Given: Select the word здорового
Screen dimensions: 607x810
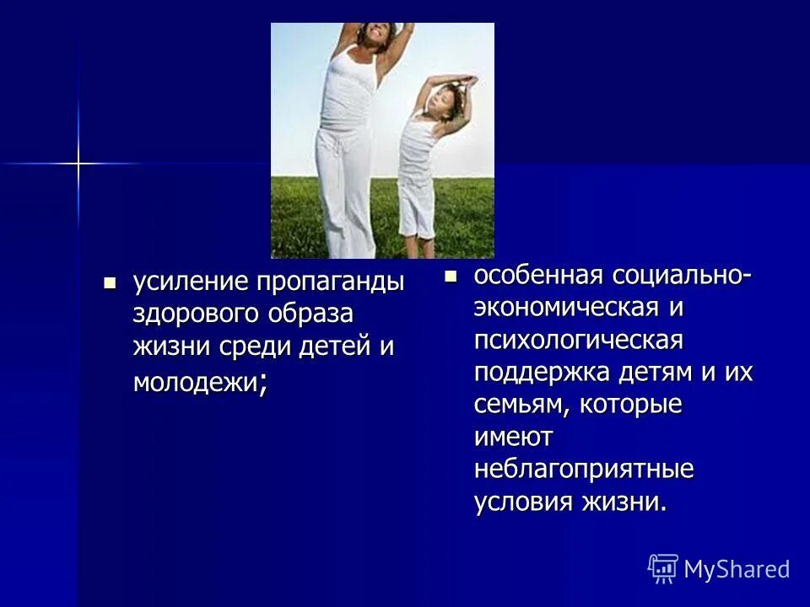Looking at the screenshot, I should (195, 314).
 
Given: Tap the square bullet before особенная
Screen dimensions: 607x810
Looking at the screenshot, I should (451, 275).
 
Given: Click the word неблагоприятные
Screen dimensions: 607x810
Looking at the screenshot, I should (584, 469).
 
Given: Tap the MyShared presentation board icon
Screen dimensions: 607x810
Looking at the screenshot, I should (662, 568).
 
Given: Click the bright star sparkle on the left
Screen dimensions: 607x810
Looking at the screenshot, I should (78, 163).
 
